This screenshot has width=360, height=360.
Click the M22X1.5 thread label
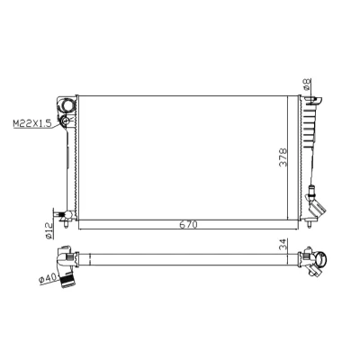tap(32, 123)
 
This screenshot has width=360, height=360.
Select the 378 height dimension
tap(283, 157)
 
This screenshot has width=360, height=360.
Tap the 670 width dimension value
tap(189, 225)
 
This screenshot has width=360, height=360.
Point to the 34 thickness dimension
tap(283, 245)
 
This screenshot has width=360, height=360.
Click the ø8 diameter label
tap(307, 85)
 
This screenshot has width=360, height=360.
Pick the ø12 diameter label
tap(49, 230)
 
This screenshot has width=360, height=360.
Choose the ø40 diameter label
tap(48, 279)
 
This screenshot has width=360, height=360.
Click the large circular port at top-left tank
tap(67, 104)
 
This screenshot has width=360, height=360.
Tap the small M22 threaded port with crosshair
tap(65, 121)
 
